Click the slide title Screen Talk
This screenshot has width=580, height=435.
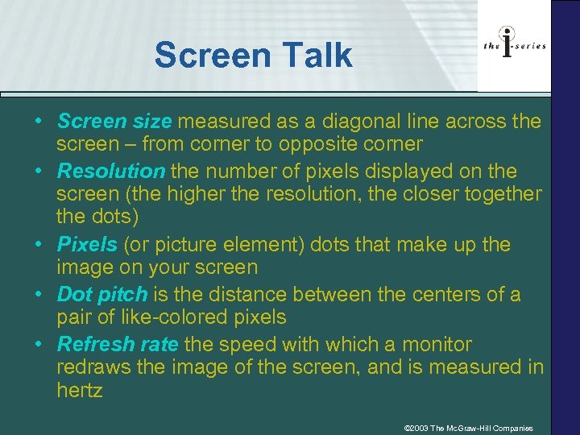pyautogui.click(x=253, y=56)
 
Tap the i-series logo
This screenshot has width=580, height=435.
pyautogui.click(x=514, y=46)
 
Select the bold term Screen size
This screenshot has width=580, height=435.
pyautogui.click(x=114, y=122)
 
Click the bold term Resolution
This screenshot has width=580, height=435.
pyautogui.click(x=111, y=172)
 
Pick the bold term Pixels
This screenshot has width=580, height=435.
pyautogui.click(x=88, y=244)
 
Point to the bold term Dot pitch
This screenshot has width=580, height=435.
pyautogui.click(x=102, y=294)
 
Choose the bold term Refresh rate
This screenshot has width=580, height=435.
pyautogui.click(x=118, y=344)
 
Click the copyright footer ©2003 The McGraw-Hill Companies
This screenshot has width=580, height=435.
pyautogui.click(x=468, y=428)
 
